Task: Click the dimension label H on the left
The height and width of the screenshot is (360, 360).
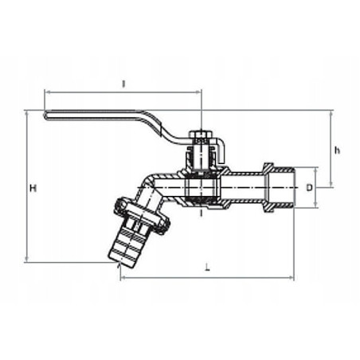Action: click(33, 188)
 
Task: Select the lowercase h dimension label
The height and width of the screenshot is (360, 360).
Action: click(338, 150)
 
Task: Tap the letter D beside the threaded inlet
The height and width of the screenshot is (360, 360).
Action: click(309, 188)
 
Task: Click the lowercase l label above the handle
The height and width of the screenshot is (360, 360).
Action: click(123, 83)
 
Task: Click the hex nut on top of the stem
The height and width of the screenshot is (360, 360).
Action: click(202, 136)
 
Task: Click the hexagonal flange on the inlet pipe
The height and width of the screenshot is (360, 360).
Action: click(269, 188)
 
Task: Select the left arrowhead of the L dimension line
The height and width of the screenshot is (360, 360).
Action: click(123, 278)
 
